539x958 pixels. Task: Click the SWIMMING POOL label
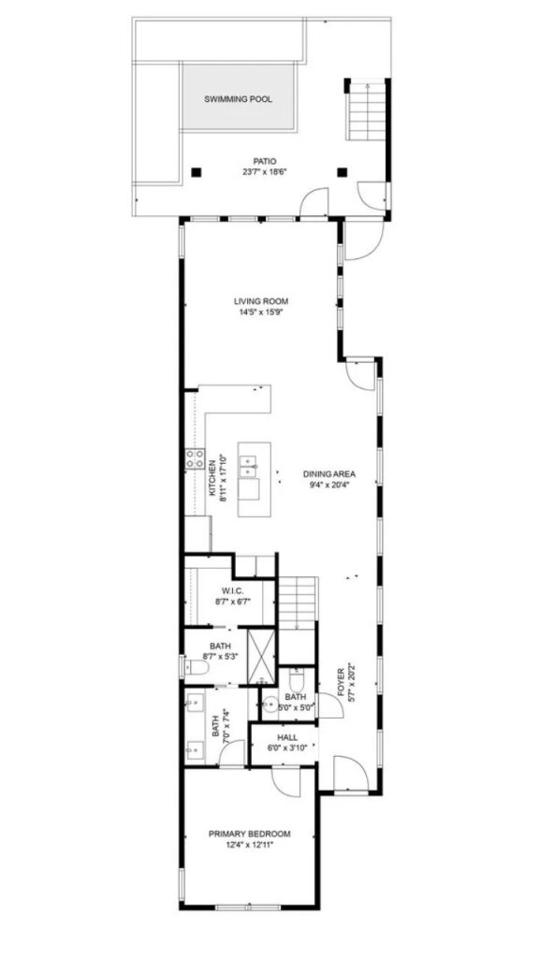[x=238, y=99]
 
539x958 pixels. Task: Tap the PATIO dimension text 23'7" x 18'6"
[x=265, y=172]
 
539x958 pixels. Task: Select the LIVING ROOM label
[x=261, y=301]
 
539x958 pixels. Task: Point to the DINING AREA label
[x=329, y=473]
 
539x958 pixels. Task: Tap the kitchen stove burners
[x=195, y=458]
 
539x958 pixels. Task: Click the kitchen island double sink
[x=249, y=466]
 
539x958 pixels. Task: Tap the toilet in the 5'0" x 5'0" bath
[x=297, y=680]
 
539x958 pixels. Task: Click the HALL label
[x=287, y=738]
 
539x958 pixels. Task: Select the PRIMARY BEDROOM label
[x=249, y=834]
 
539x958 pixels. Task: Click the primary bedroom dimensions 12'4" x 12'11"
[x=249, y=845]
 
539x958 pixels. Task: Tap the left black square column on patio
[x=196, y=173]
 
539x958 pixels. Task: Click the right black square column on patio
[x=342, y=173]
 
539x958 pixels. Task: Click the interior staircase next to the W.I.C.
[x=299, y=602]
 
